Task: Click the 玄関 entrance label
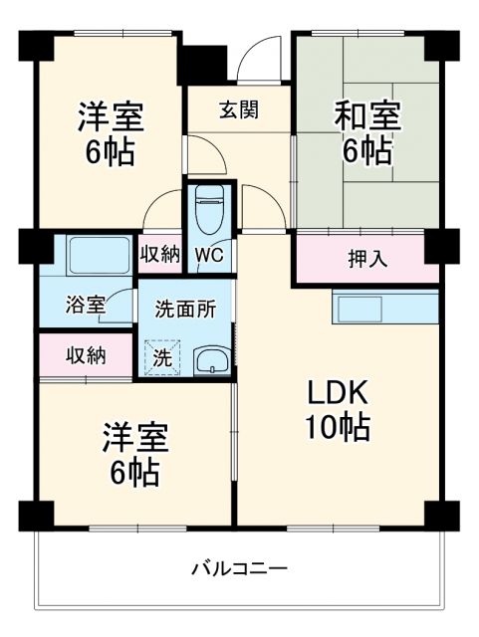pyautogui.click(x=239, y=110)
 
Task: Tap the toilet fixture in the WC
pyautogui.click(x=209, y=208)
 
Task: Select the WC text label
pyautogui.click(x=209, y=255)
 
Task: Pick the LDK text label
pyautogui.click(x=338, y=389)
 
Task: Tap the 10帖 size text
pyautogui.click(x=338, y=428)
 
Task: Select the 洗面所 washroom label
pyautogui.click(x=185, y=309)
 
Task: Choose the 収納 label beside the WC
pyautogui.click(x=159, y=255)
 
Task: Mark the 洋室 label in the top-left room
pyautogui.click(x=111, y=117)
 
